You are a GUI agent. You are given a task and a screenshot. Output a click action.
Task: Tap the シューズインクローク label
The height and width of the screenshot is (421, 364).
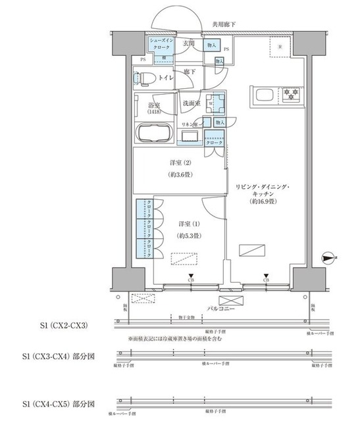159,45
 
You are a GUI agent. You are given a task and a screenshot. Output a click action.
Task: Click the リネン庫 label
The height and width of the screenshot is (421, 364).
192,123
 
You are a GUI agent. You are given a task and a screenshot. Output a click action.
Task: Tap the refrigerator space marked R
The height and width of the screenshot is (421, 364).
281,47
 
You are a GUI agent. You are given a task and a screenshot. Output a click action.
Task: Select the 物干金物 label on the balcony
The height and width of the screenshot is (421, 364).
186,318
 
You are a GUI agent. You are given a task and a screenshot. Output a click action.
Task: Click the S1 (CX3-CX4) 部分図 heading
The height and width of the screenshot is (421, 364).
59,355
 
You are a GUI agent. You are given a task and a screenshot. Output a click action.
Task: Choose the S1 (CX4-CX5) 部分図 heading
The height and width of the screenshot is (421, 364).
59,403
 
